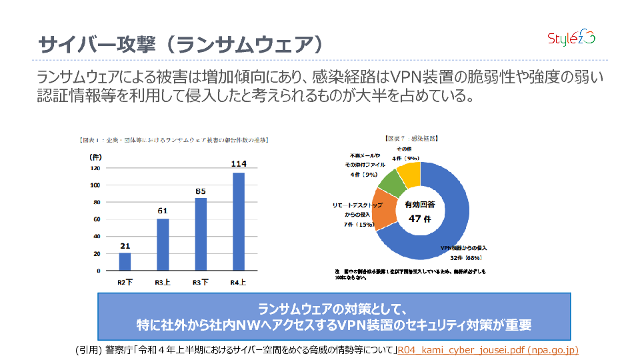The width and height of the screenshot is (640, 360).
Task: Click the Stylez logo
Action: (571, 38)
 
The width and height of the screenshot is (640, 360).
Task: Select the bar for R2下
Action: (125, 262)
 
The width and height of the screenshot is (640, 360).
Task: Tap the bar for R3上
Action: (163, 245)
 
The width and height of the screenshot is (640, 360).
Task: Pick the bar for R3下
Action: (201, 234)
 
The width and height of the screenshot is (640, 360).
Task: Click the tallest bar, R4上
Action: (238, 222)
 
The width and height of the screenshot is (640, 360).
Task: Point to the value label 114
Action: (238, 163)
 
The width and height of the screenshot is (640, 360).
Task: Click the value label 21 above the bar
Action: (125, 245)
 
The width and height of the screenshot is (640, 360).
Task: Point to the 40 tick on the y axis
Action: (96, 237)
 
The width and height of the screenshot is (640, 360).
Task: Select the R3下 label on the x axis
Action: (200, 282)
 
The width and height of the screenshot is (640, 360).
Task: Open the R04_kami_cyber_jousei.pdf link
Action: (487, 350)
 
